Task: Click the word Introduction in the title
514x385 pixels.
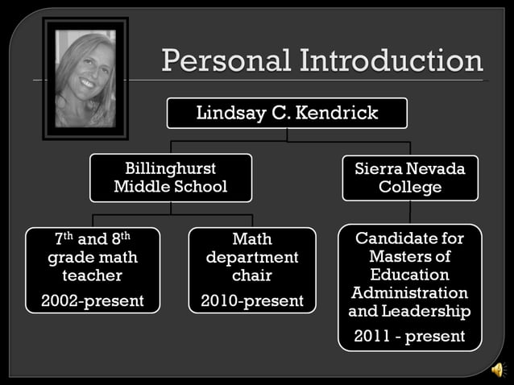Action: pyautogui.click(x=392, y=61)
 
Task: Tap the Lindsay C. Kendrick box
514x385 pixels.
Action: pyautogui.click(x=287, y=113)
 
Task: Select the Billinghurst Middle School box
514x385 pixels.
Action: pyautogui.click(x=170, y=178)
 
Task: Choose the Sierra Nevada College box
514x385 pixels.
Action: pyautogui.click(x=410, y=178)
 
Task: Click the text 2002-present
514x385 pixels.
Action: pyautogui.click(x=93, y=300)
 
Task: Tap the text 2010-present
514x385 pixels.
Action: pyautogui.click(x=252, y=300)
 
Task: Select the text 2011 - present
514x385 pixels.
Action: pyautogui.click(x=410, y=335)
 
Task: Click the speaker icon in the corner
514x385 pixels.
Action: pyautogui.click(x=498, y=370)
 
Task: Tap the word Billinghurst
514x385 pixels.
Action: pyautogui.click(x=170, y=169)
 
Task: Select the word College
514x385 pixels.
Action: pyautogui.click(x=410, y=187)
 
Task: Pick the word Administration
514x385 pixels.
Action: pyautogui.click(x=410, y=292)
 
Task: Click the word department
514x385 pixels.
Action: pyautogui.click(x=252, y=258)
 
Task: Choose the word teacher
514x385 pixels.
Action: pyautogui.click(x=93, y=275)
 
